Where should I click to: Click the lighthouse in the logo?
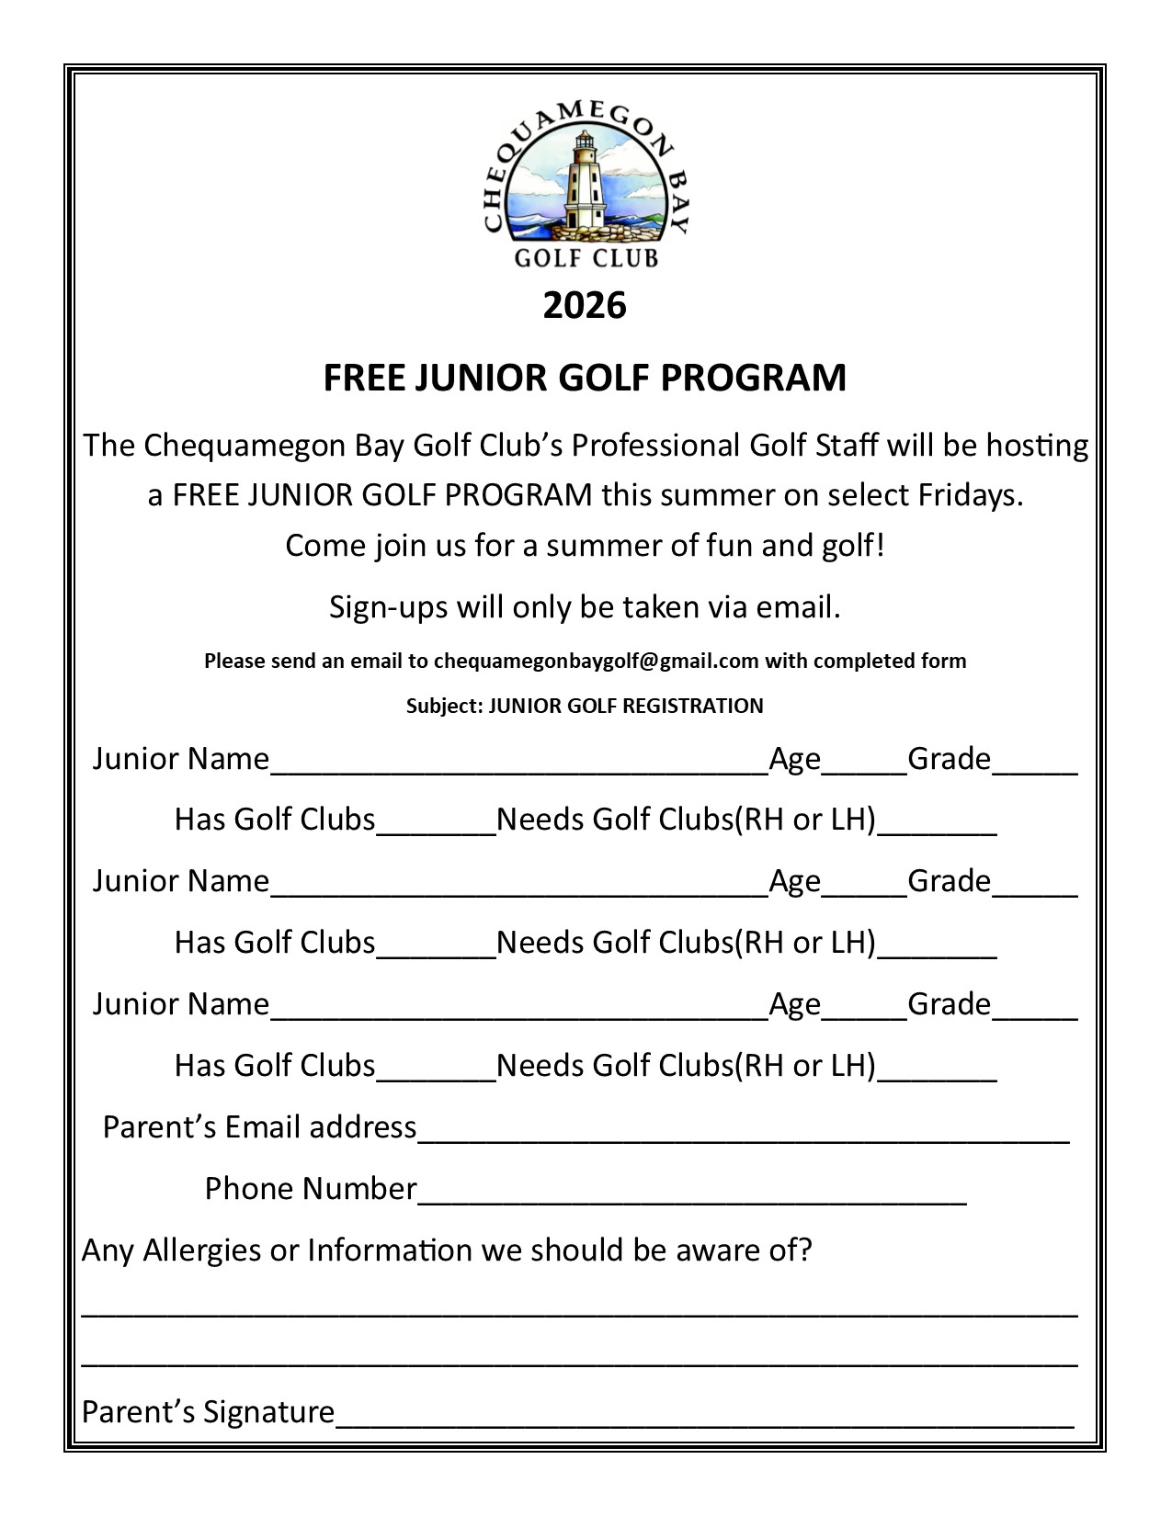(583, 182)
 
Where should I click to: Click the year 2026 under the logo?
(585, 305)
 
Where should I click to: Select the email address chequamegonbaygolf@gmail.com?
(596, 661)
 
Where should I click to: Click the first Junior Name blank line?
(519, 770)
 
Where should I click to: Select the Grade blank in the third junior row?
(1035, 1015)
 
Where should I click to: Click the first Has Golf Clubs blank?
(437, 831)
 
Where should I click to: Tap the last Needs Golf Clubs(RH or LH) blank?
(938, 1077)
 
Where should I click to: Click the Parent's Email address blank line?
(743, 1138)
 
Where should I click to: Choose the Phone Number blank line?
(691, 1200)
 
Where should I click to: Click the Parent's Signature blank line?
(704, 1423)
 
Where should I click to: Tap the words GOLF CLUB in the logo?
(586, 258)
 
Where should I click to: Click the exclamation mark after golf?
(880, 545)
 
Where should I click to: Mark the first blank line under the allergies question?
(579, 1314)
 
